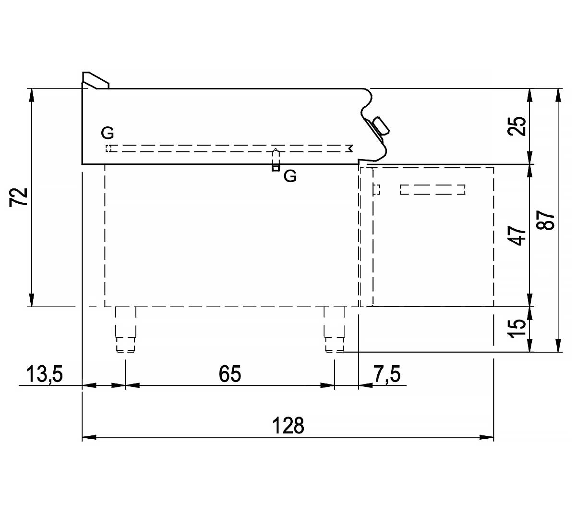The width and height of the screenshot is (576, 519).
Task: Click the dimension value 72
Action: (19, 197)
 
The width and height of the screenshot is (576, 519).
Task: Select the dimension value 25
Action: (517, 126)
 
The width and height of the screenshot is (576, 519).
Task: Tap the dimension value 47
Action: (517, 236)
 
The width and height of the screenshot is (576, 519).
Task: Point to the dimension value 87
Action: (545, 220)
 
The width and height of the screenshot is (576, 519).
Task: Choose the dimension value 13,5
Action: (45, 374)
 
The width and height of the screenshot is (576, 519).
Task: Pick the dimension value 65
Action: (230, 374)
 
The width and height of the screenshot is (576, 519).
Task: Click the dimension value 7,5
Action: (387, 374)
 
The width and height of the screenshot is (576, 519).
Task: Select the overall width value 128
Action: (288, 426)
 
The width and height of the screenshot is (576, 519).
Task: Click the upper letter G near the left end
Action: (108, 133)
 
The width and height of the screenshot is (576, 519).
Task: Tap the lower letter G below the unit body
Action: (290, 176)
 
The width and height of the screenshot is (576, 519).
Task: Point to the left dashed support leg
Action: (125, 329)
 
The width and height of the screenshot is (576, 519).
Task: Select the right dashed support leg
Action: (335, 329)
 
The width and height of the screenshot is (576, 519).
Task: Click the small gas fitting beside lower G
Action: (276, 160)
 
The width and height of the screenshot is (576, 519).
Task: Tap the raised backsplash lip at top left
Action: (96, 80)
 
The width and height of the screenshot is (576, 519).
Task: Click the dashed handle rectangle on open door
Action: (432, 189)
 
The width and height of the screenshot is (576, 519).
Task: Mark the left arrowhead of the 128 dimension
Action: (89, 437)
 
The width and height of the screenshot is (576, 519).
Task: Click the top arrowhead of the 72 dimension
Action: (32, 95)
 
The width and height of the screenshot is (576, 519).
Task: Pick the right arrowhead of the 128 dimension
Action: (487, 437)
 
